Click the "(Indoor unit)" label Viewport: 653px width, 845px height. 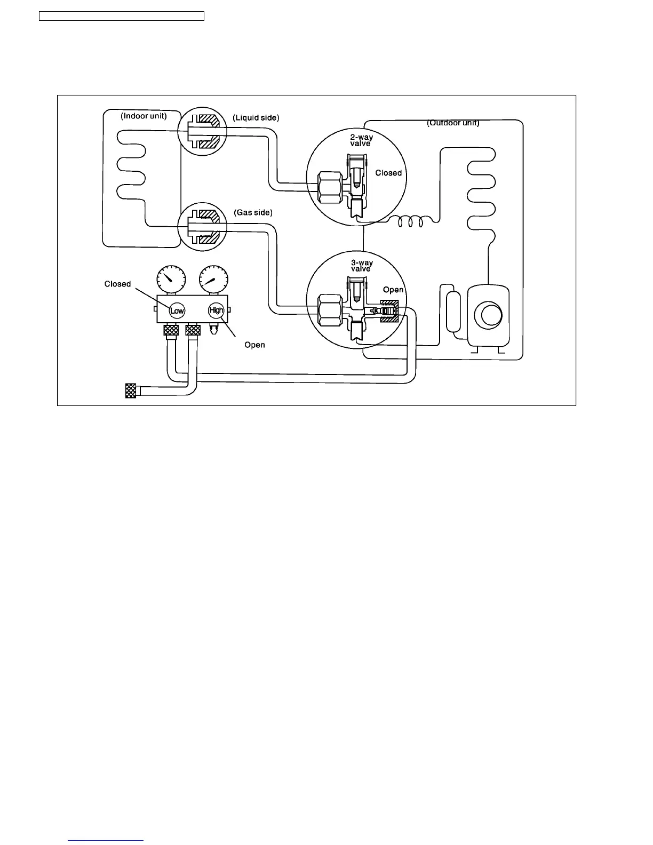144,116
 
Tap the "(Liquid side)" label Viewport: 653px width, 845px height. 256,117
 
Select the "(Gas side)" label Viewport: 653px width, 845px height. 253,212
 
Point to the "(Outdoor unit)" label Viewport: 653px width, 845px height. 453,123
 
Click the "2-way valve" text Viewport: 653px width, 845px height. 361,140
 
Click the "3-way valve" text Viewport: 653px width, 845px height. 361,266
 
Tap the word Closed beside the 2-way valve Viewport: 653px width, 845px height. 388,173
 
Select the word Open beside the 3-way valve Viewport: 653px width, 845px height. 393,290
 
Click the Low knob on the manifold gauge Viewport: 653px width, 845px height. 177,310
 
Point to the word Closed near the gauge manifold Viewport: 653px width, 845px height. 117,284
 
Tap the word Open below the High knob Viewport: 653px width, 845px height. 254,345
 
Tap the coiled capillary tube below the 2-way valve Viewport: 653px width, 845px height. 411,221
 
